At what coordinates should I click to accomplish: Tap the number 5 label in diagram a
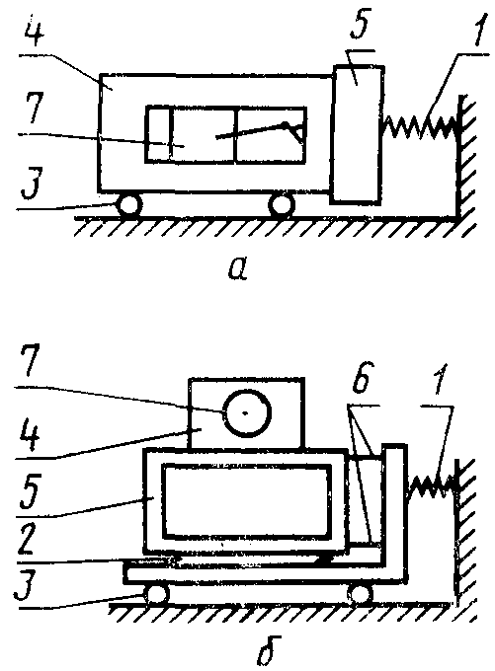point(359,26)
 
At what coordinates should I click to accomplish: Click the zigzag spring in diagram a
point(420,127)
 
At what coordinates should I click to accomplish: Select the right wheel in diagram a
point(282,205)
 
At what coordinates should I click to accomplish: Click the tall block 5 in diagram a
point(357,134)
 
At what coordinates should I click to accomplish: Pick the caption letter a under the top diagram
point(238,267)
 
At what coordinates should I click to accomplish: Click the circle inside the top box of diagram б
point(247,412)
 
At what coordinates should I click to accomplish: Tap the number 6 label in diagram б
point(362,377)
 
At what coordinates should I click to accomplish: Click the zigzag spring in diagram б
point(432,487)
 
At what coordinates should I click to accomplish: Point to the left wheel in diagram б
point(157,594)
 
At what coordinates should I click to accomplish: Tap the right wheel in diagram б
point(360,594)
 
